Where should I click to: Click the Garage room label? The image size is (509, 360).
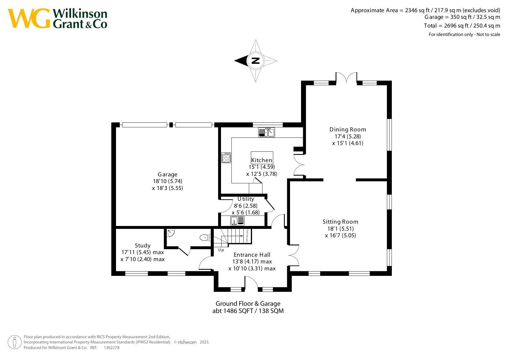pyautogui.click(x=167, y=174)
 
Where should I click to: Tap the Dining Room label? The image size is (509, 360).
pyautogui.click(x=347, y=129)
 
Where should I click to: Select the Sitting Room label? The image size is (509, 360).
pyautogui.click(x=340, y=222)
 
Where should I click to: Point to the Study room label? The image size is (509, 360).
pyautogui.click(x=142, y=246)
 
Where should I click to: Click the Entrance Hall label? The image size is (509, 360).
pyautogui.click(x=252, y=255)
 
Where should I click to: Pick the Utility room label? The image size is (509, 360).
pyautogui.click(x=246, y=199)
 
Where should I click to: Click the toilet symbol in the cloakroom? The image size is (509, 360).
pyautogui.click(x=205, y=238)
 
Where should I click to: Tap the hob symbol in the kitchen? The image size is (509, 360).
pyautogui.click(x=226, y=158)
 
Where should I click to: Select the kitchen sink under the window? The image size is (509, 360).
pyautogui.click(x=266, y=132)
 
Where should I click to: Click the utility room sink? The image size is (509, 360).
pyautogui.click(x=237, y=221)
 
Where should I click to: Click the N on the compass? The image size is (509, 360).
pyautogui.click(x=256, y=61)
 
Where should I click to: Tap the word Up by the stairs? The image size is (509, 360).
pyautogui.click(x=221, y=250)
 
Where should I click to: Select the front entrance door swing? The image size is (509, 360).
pyautogui.click(x=251, y=283)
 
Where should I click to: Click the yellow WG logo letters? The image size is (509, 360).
pyautogui.click(x=29, y=18)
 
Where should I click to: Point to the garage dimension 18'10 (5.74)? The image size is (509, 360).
pyautogui.click(x=168, y=181)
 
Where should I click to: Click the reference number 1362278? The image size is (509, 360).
pyautogui.click(x=111, y=348)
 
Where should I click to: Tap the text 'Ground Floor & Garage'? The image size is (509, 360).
pyautogui.click(x=248, y=303)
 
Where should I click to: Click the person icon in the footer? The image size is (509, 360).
pyautogui.click(x=15, y=342)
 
